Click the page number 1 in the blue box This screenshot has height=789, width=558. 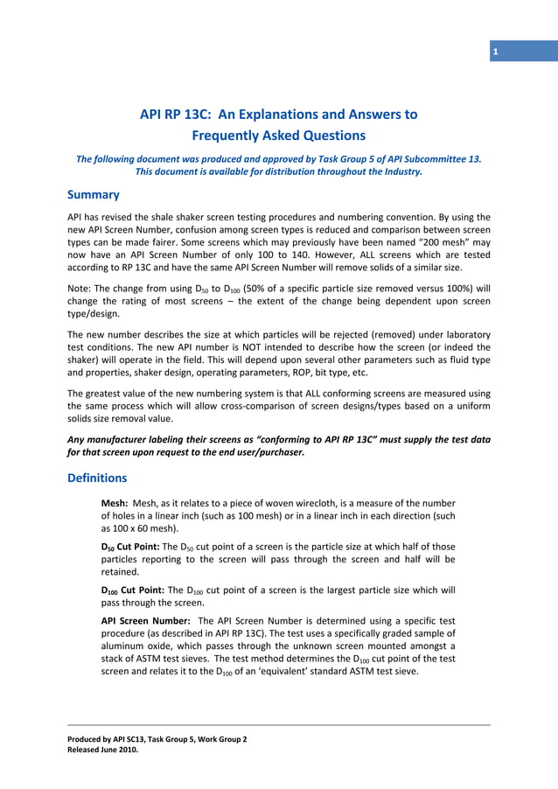[x=495, y=52]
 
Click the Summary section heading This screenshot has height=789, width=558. [x=94, y=194]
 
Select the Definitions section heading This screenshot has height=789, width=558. [x=97, y=478]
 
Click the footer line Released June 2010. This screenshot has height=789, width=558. [x=103, y=749]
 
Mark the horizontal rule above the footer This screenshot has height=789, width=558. [x=279, y=725]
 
